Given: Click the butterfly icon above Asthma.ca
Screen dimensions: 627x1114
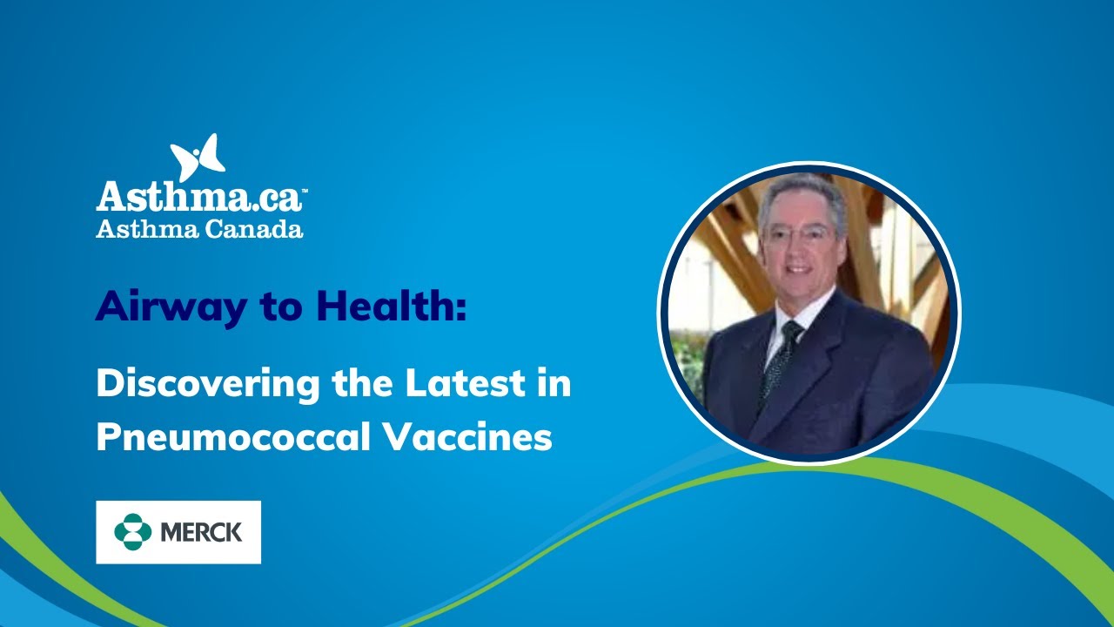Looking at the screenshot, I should (198, 158).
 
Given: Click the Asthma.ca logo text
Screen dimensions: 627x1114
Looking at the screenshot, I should (198, 196).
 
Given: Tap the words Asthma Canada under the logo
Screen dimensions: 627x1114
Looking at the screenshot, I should (199, 229).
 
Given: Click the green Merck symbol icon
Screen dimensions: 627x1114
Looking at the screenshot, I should (132, 532).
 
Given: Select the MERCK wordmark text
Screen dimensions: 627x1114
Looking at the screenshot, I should (201, 532).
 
